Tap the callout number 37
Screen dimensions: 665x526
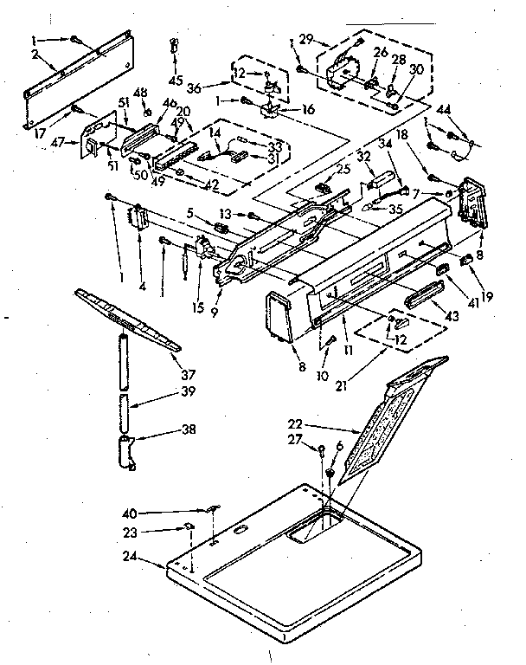(188, 374)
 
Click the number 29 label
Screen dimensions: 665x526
(305, 41)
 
